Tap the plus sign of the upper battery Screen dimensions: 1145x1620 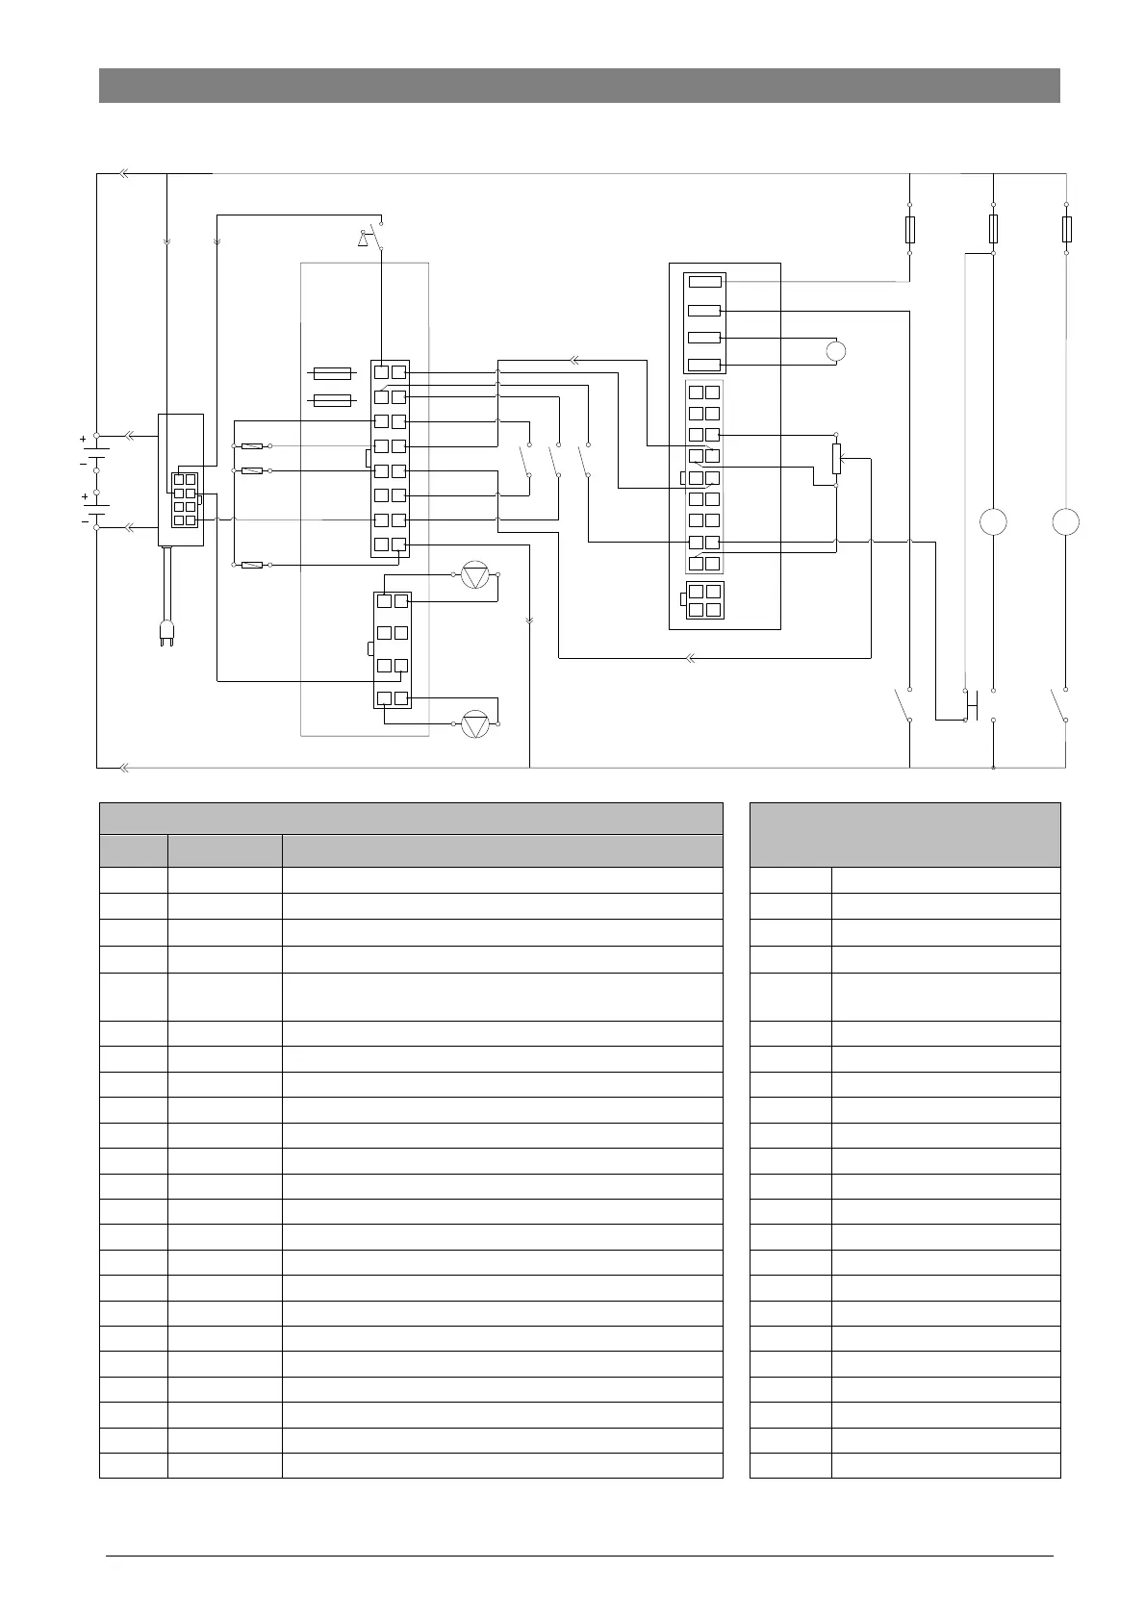83,439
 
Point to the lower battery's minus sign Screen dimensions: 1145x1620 83,521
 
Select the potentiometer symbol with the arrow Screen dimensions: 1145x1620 836,459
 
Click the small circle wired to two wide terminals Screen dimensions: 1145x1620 836,351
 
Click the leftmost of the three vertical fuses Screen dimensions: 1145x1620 910,229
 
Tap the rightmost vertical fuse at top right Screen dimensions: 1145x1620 1066,229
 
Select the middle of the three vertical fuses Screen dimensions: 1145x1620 993,229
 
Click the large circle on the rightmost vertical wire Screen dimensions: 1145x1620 1065,521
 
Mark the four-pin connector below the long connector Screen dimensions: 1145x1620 703,600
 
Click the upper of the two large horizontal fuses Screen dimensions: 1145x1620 333,372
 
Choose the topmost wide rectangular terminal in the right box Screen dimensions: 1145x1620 704,282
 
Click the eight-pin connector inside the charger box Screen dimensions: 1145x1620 185,499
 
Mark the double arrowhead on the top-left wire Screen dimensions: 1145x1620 124,174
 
